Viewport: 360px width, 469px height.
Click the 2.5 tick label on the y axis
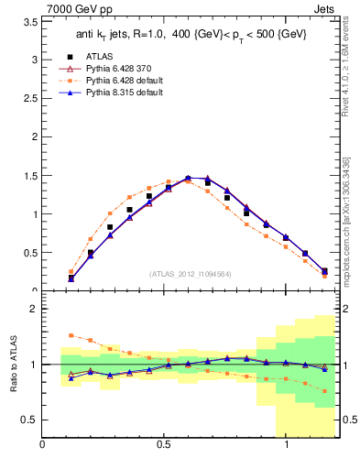click(x=29, y=105)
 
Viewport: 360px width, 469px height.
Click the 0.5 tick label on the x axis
click(x=165, y=445)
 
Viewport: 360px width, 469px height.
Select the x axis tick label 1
click(x=288, y=445)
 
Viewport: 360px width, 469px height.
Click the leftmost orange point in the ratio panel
click(x=71, y=335)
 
